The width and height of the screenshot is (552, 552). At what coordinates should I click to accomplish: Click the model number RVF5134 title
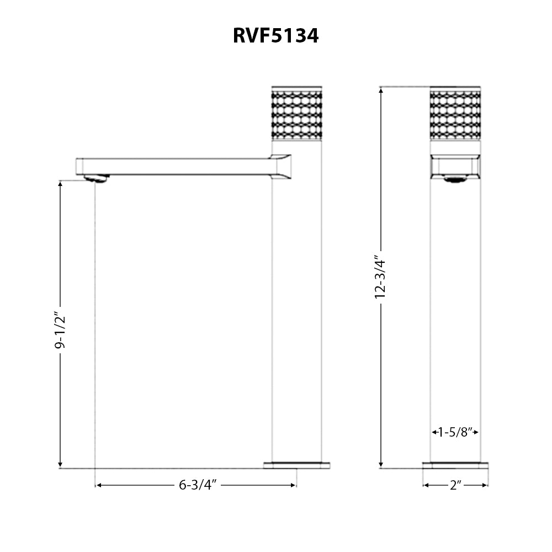point(275,36)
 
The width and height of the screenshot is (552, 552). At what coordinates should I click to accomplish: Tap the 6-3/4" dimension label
point(197,485)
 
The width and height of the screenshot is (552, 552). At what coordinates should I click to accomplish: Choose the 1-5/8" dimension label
point(455,432)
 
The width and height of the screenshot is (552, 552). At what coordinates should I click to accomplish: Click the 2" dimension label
point(455,485)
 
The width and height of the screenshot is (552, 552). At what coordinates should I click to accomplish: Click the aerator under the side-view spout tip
point(97,178)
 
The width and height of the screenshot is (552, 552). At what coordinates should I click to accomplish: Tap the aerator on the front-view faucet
point(455,178)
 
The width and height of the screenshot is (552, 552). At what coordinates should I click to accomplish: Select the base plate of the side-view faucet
point(296,465)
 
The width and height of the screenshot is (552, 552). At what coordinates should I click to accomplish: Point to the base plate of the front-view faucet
point(455,465)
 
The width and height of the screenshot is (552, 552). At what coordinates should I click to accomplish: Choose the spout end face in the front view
point(455,166)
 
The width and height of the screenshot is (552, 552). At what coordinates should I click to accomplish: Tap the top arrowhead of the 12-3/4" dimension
point(381,91)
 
